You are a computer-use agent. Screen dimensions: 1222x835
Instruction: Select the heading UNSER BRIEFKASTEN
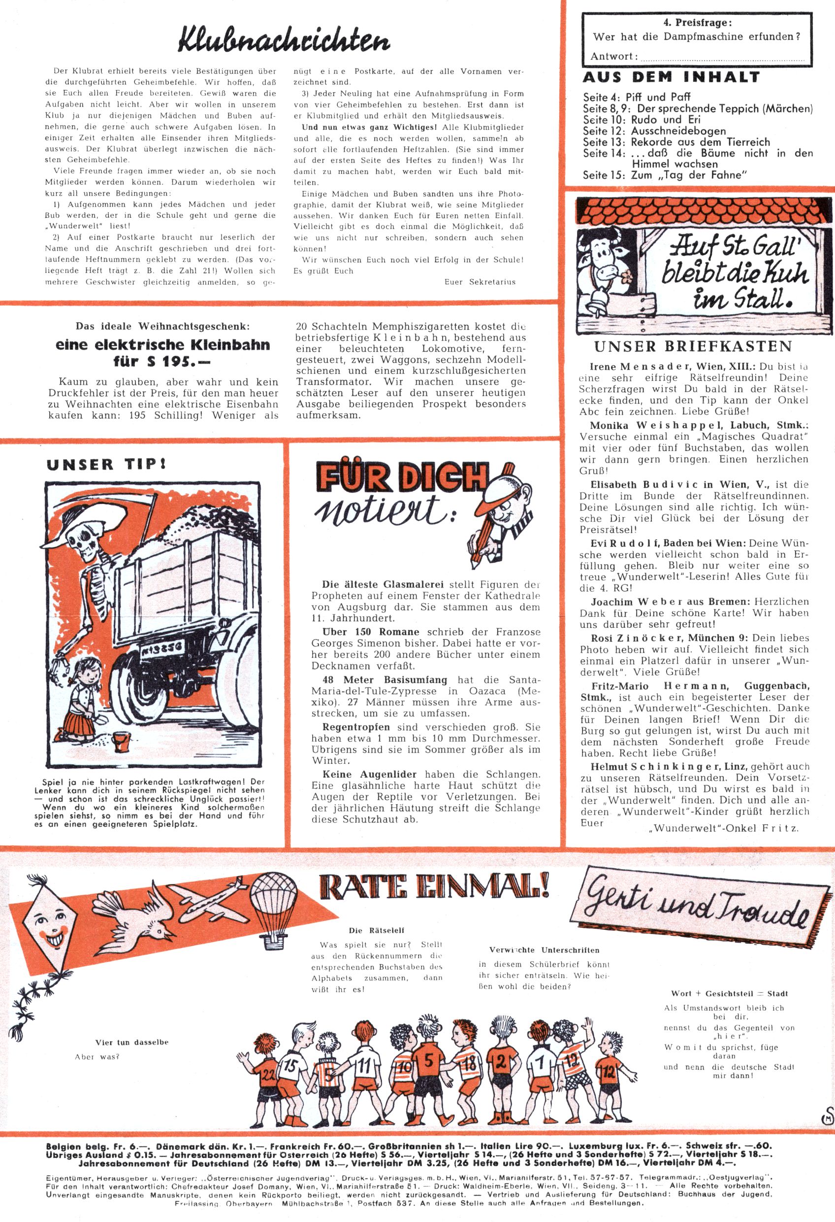(693, 347)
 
